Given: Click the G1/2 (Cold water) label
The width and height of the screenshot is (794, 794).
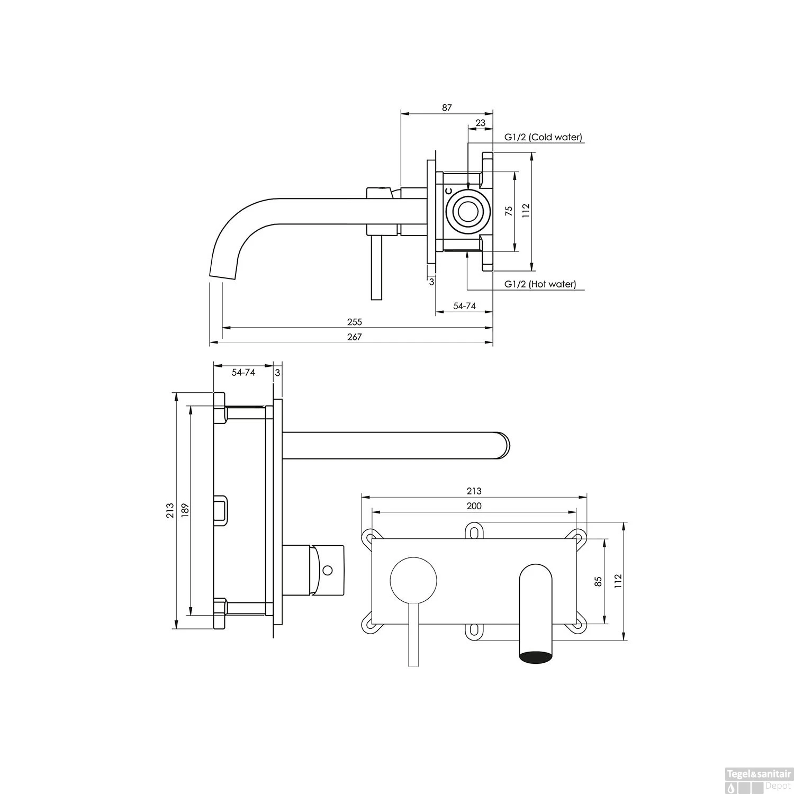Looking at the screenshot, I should (543, 137).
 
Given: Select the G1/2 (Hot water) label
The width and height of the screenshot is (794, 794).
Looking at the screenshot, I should (540, 284).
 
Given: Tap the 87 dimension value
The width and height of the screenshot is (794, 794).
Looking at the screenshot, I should (447, 107).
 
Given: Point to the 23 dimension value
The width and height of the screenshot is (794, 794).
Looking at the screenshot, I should (480, 123).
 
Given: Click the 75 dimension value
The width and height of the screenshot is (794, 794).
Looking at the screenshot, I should (509, 211).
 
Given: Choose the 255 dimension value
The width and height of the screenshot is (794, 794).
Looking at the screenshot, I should (355, 322).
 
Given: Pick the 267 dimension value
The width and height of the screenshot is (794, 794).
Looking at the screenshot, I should (355, 337).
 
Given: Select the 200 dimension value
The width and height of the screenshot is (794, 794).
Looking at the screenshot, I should (474, 506).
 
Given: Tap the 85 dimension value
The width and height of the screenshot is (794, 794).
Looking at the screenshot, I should (599, 581).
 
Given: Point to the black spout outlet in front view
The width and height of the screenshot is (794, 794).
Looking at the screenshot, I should (536, 657).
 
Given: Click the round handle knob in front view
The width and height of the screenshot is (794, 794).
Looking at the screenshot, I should (414, 580).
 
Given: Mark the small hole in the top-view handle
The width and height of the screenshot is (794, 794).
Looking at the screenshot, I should (328, 571).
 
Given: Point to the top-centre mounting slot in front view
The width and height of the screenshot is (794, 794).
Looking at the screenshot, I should (474, 530).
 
